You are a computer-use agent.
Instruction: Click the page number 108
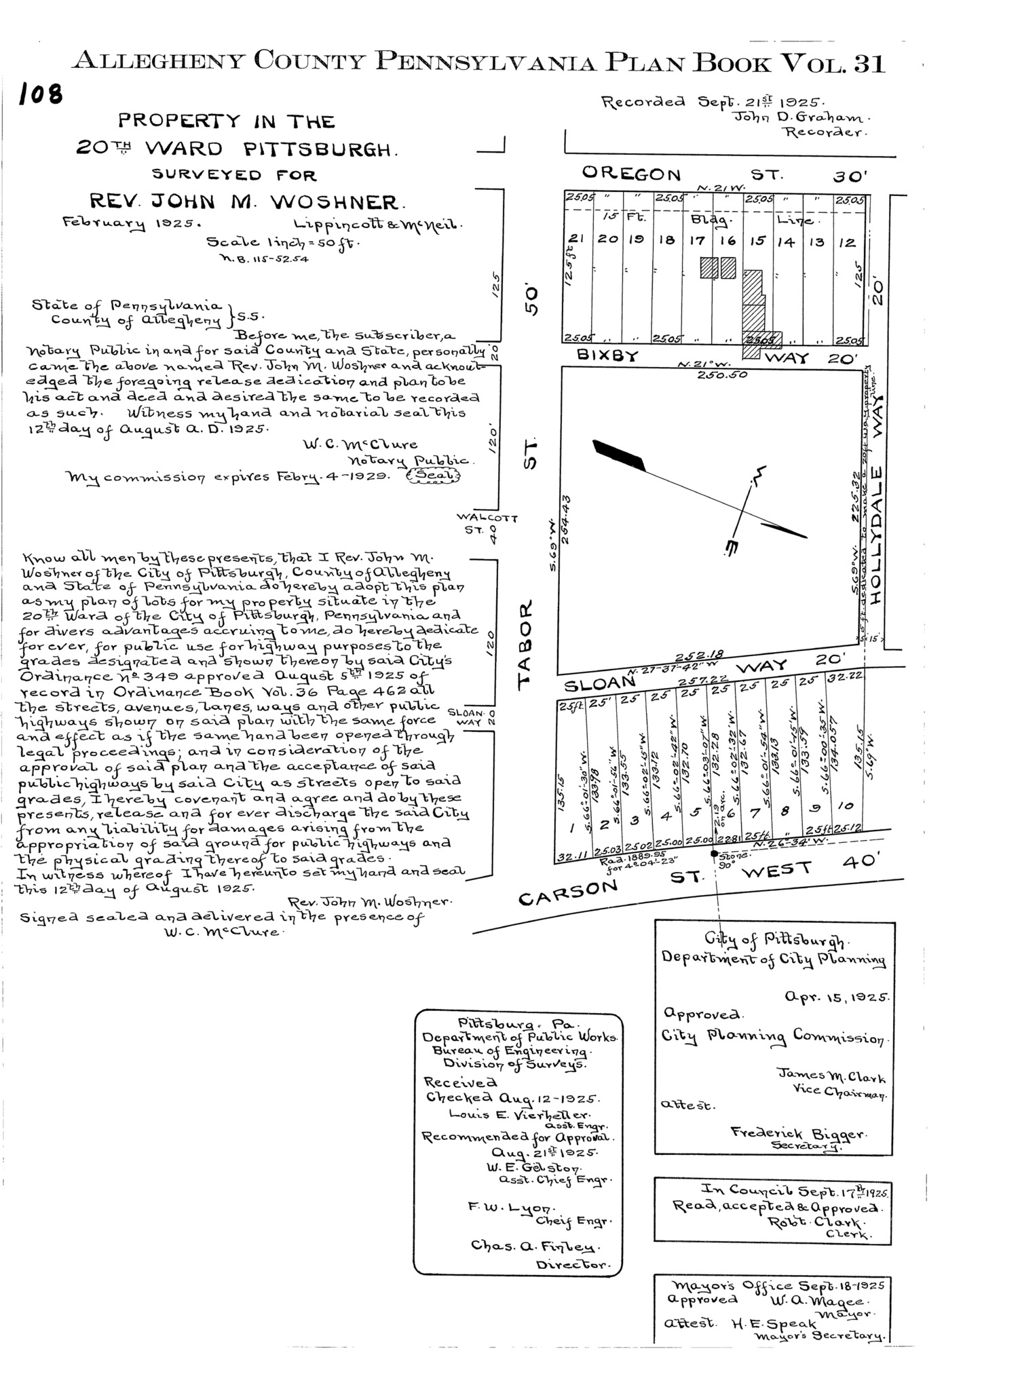(x=41, y=95)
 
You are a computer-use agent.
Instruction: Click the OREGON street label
(x=631, y=174)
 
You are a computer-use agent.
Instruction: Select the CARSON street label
(x=569, y=892)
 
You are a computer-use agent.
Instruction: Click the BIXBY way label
(x=600, y=355)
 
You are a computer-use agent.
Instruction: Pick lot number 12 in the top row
(x=847, y=242)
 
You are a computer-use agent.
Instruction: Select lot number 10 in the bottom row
(x=846, y=805)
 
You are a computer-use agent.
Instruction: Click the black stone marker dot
(x=714, y=854)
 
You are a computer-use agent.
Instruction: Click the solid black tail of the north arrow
(x=620, y=455)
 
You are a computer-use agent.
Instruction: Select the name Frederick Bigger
(x=798, y=1133)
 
